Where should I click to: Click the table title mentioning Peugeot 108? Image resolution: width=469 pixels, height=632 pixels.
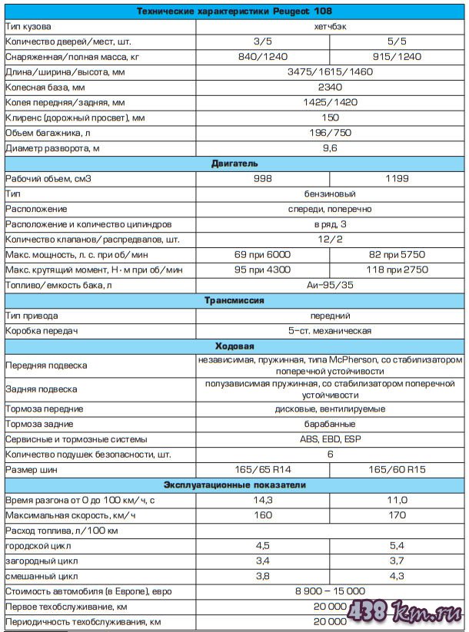tap(234, 12)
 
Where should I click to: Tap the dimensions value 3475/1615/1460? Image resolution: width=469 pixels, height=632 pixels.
tap(330, 71)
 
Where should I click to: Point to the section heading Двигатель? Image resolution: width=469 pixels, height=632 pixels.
tap(234, 164)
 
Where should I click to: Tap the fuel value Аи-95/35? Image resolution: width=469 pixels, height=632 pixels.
tap(330, 285)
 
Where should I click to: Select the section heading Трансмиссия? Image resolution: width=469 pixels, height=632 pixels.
tap(234, 300)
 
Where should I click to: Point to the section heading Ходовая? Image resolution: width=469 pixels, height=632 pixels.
tap(234, 346)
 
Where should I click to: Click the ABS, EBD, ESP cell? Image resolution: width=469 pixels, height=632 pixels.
tap(330, 439)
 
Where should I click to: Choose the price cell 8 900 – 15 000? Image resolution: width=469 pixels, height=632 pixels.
tap(330, 591)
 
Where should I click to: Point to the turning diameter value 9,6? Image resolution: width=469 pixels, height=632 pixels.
tap(330, 147)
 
